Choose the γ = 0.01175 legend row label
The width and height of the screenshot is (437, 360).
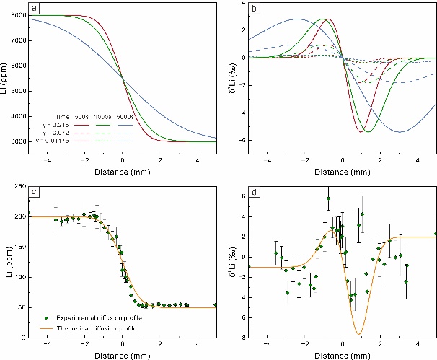coord(59,140)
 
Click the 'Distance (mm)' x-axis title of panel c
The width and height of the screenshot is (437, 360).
coord(123,356)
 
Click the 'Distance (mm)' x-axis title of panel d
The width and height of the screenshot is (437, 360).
coord(343,356)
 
